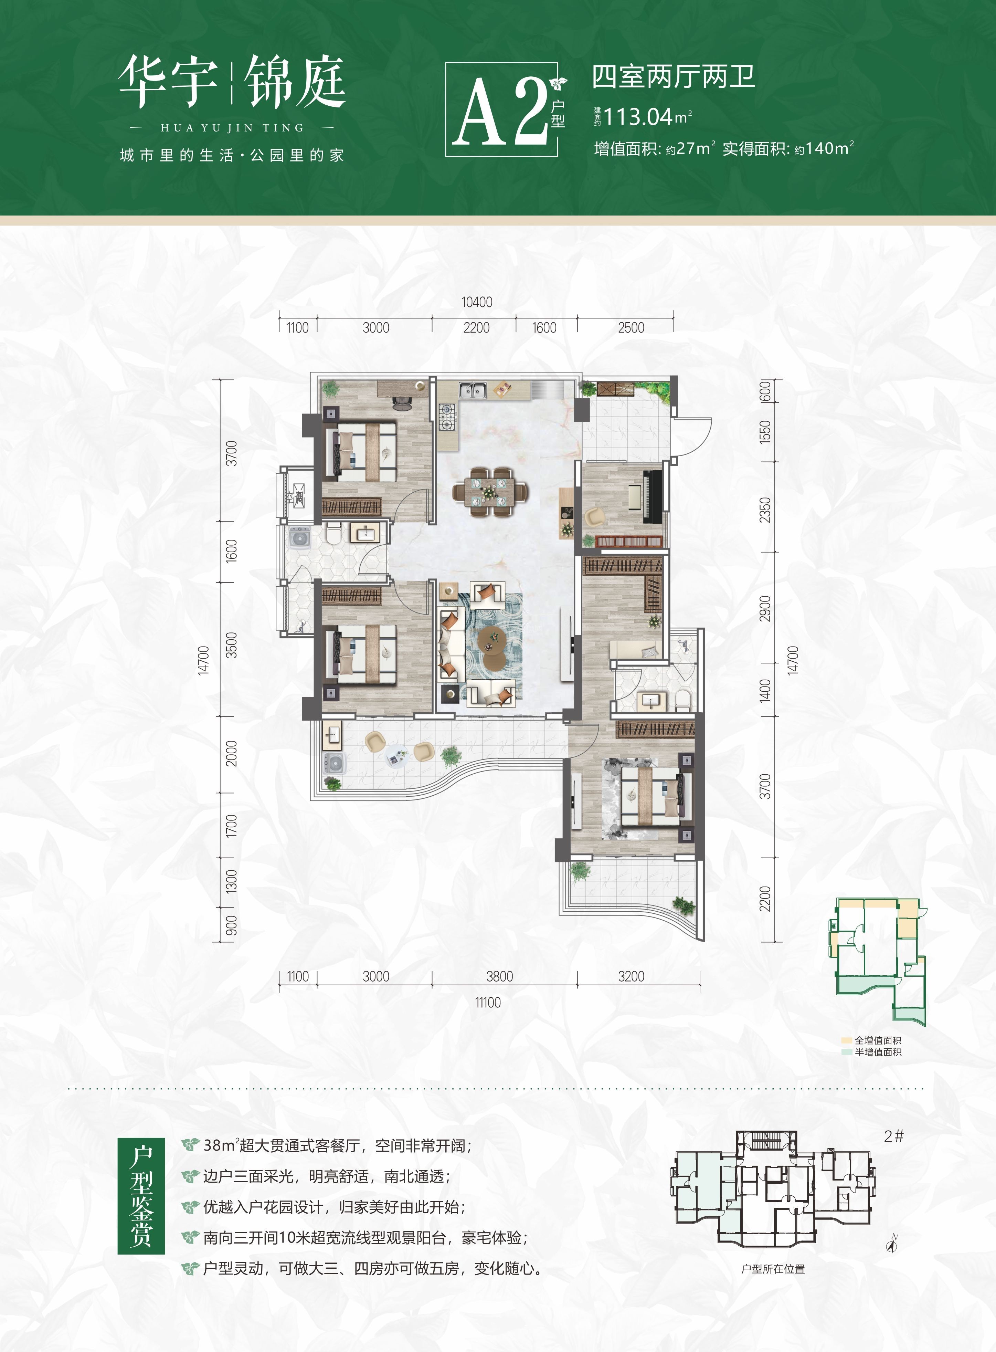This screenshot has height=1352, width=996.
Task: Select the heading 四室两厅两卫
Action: [x=674, y=77]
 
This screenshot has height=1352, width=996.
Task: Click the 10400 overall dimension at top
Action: [x=477, y=302]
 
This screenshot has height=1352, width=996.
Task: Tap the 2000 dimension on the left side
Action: [x=232, y=754]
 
